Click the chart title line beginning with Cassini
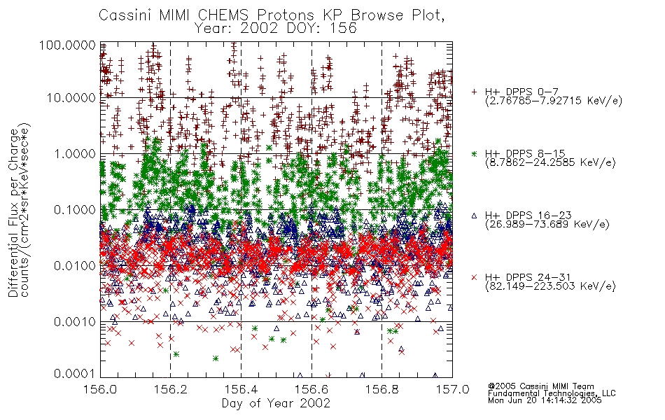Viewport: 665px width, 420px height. point(272,15)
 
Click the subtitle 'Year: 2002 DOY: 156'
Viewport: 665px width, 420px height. point(276,29)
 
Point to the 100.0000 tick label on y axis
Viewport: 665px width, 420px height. point(67,45)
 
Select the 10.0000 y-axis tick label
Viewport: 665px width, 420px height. point(71,98)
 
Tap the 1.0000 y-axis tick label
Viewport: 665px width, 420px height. point(75,153)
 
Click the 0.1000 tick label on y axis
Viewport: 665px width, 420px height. point(75,209)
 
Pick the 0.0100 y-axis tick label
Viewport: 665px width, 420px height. point(75,265)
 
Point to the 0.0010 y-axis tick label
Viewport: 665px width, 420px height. point(75,321)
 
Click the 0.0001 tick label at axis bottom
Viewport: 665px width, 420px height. point(75,373)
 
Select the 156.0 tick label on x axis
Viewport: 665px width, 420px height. point(101,389)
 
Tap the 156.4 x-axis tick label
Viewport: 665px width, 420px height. point(241,389)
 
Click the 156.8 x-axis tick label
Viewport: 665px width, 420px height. point(382,389)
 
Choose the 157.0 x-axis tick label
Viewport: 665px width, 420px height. point(452,389)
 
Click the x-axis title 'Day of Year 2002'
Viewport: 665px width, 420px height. point(276,402)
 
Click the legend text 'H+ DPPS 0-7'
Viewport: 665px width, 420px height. point(521,92)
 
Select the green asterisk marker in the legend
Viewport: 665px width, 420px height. point(474,153)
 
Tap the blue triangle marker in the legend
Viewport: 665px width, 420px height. point(474,216)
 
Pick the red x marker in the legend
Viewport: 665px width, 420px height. point(474,277)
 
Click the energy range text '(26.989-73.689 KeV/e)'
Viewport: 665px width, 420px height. point(547,225)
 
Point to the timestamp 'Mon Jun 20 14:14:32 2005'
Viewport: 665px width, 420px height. point(545,400)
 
